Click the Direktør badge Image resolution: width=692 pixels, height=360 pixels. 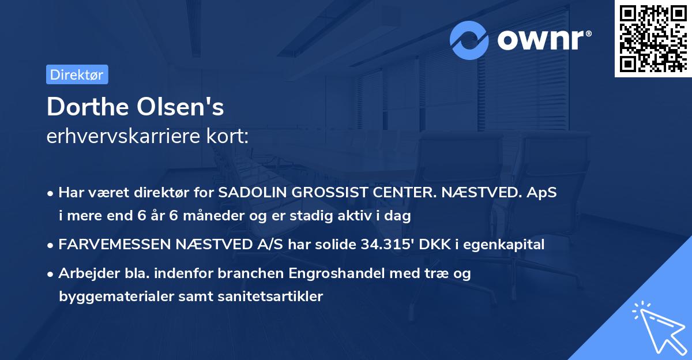(77, 74)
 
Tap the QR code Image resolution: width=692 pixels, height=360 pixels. (653, 38)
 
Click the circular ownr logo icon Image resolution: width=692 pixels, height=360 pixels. (469, 40)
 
